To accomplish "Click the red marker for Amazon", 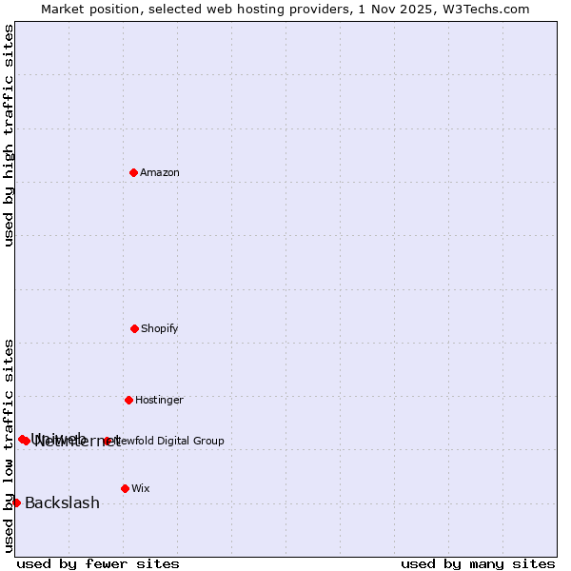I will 133,172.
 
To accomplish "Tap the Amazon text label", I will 160,173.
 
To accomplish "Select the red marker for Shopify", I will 134,328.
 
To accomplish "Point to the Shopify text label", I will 160,329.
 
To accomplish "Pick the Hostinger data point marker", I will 128,400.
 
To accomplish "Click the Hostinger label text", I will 159,401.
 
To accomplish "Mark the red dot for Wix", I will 125,488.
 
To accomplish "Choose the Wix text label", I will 141,489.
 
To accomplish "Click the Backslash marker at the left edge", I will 16,502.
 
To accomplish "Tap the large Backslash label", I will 62,503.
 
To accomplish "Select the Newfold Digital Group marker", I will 108,441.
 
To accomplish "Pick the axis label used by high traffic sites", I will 9,135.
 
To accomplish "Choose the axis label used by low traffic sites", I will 9,445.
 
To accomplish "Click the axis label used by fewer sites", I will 98,563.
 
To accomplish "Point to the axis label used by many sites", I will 478,563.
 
